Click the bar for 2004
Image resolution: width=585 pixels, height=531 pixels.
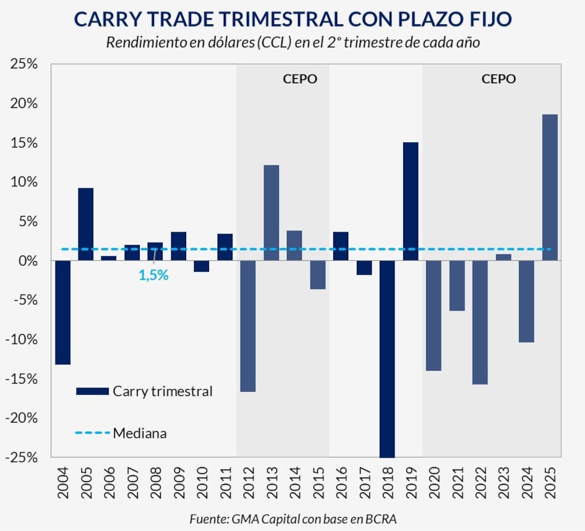(62, 312)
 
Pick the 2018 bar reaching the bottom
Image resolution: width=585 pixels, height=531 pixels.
(387, 359)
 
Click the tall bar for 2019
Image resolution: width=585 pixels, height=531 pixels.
(411, 202)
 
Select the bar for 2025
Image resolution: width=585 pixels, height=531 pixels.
(550, 187)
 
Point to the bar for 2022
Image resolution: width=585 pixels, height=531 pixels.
(480, 322)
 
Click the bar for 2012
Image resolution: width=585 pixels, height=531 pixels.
(248, 326)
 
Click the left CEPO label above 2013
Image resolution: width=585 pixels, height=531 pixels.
(300, 79)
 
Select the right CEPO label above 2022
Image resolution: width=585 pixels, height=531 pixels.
(498, 79)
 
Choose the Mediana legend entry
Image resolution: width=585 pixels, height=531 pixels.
(139, 433)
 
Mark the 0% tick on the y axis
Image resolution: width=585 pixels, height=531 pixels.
(28, 261)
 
